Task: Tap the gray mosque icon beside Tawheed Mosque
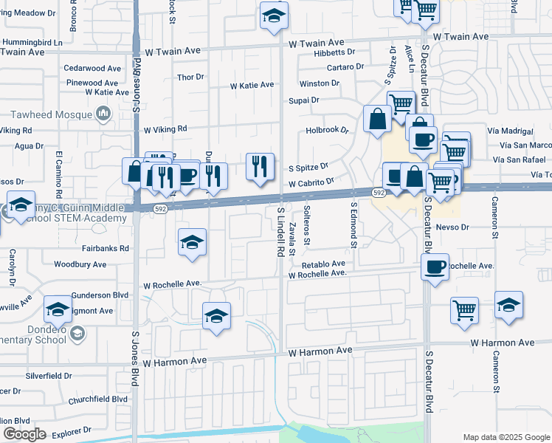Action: point(103,114)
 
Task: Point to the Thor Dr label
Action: point(190,78)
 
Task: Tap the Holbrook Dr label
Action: point(327,131)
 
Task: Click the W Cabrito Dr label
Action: point(311,182)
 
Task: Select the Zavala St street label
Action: point(293,238)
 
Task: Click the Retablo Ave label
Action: point(323,264)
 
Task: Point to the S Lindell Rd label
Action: point(281,232)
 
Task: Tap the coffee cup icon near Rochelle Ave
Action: point(435,267)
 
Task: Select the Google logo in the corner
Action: point(25,434)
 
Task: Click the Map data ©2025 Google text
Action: point(506,437)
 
